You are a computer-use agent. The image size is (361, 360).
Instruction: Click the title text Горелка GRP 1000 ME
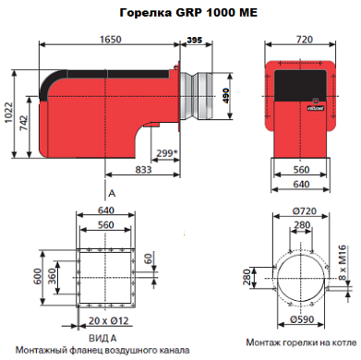click(188, 13)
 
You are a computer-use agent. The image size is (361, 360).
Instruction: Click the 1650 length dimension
click(111, 40)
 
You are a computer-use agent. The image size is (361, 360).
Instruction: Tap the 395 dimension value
click(195, 40)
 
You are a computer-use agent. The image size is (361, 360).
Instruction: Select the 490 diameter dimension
click(226, 96)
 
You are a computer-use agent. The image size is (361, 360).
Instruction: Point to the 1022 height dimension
click(8, 113)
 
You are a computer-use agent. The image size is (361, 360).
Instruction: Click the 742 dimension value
click(23, 123)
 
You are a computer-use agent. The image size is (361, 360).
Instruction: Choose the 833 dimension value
click(143, 170)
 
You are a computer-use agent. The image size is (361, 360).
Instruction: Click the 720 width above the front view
click(304, 40)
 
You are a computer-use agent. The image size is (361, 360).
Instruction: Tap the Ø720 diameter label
click(305, 211)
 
